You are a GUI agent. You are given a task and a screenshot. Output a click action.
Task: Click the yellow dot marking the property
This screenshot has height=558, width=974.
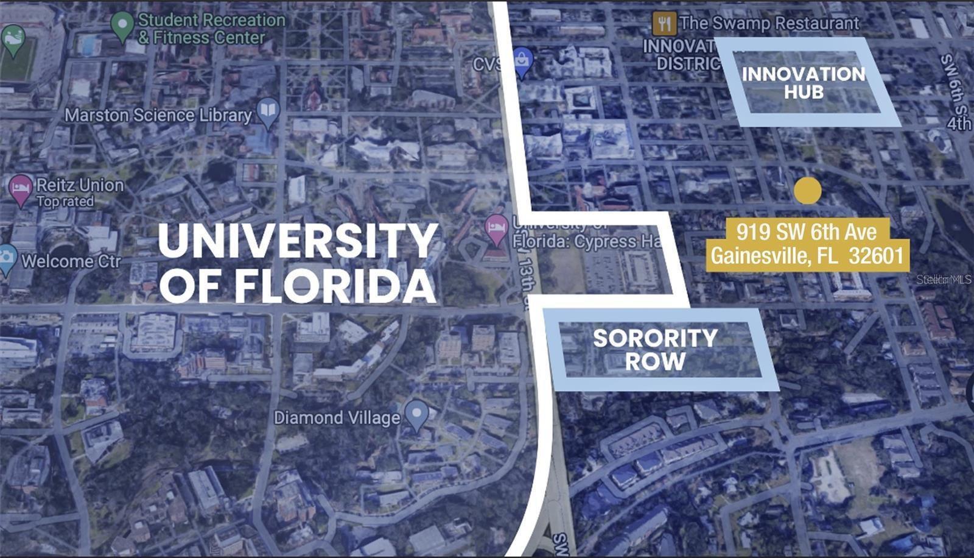(x=807, y=191)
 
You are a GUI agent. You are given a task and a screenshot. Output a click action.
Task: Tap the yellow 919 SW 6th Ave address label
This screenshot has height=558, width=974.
(x=807, y=244)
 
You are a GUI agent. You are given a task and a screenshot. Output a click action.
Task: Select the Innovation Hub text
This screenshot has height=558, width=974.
(x=804, y=83)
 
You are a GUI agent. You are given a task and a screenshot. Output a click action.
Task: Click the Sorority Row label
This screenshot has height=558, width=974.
(x=656, y=350)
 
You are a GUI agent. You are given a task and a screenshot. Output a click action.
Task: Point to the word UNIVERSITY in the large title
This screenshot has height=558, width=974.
(x=298, y=241)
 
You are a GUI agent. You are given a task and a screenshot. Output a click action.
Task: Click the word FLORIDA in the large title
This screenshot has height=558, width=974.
(x=335, y=286)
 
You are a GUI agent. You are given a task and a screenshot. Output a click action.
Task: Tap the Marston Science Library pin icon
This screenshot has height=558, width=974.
(x=268, y=111)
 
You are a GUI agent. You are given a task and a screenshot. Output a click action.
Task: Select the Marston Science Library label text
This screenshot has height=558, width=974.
(x=158, y=115)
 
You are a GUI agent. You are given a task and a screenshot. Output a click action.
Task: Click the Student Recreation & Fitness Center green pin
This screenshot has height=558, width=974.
(x=122, y=26)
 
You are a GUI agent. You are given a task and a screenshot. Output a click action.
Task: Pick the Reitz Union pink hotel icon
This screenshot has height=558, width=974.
(x=21, y=188)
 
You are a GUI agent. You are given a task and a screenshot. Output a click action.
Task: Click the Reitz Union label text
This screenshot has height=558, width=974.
(x=80, y=185)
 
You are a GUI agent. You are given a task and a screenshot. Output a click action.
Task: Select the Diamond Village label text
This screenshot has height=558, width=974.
(x=337, y=418)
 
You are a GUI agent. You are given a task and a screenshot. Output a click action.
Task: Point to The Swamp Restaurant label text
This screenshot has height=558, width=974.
(x=769, y=24)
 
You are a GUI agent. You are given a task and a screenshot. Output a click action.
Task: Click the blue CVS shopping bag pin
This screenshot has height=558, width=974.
(x=523, y=62)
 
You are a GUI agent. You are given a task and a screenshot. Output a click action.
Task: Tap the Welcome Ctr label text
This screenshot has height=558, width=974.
(x=71, y=261)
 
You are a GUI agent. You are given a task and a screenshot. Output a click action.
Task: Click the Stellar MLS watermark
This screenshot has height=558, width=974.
(x=944, y=280)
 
